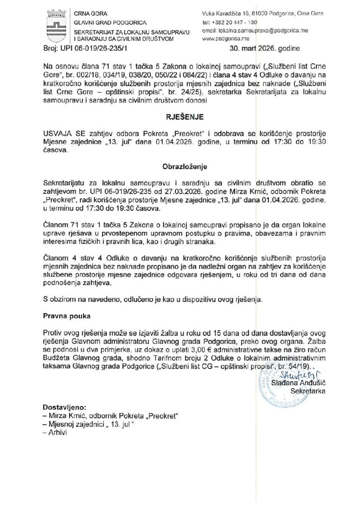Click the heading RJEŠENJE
180,119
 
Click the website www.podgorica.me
224,38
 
